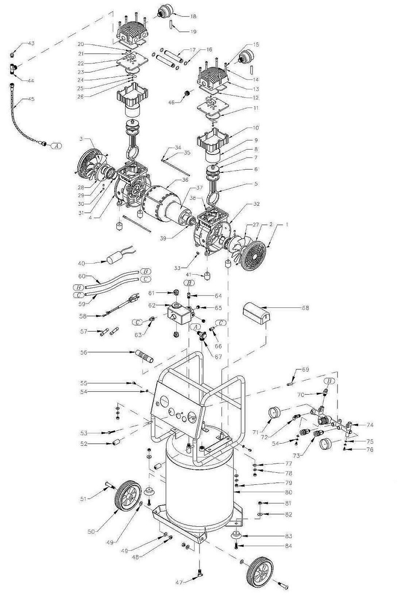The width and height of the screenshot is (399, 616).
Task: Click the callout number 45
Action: pyautogui.click(x=31, y=99)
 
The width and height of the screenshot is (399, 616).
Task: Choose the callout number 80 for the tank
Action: pyautogui.click(x=288, y=492)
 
